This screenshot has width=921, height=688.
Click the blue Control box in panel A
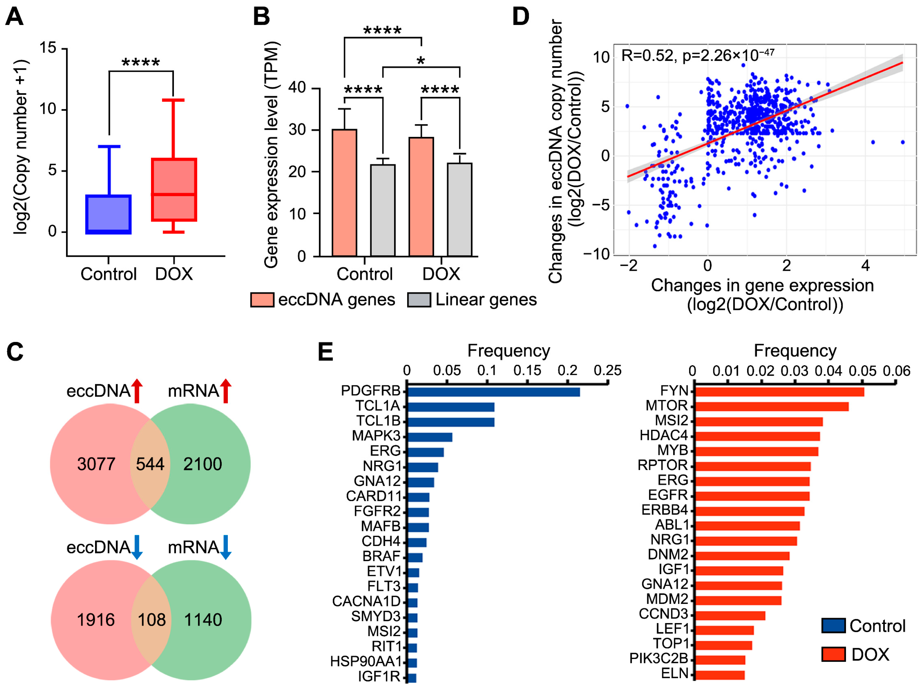click(108, 214)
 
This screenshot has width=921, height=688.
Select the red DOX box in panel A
click(174, 189)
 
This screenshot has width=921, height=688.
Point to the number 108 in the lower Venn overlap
click(152, 620)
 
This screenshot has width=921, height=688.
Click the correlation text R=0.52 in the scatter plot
click(648, 55)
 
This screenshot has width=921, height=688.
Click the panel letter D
click(520, 17)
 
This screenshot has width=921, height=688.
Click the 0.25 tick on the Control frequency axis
click(608, 371)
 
